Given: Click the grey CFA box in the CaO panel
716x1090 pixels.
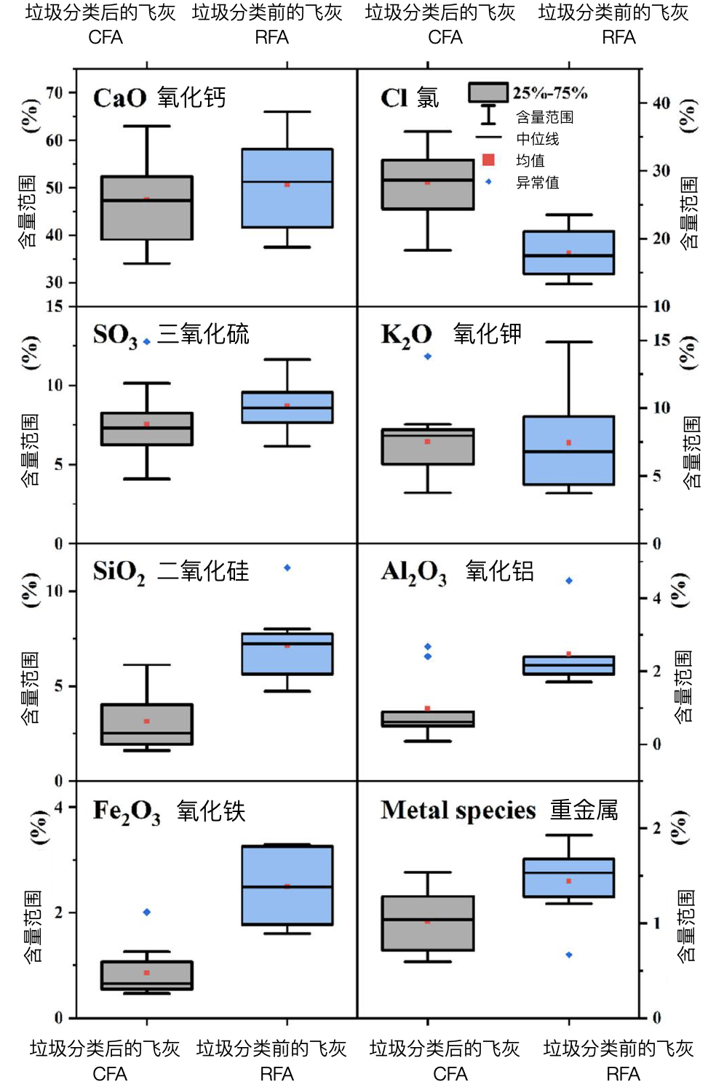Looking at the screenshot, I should [x=146, y=207].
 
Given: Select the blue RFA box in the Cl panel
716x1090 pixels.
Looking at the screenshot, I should [x=568, y=252].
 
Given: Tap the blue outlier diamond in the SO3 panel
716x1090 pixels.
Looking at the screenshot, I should [x=147, y=341].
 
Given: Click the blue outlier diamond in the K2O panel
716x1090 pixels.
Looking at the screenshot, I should [x=428, y=357].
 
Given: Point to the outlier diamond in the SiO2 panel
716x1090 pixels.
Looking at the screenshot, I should [x=287, y=568].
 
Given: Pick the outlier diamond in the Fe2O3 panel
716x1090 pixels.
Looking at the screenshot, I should [x=147, y=912].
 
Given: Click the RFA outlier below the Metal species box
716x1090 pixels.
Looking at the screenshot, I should [x=569, y=955].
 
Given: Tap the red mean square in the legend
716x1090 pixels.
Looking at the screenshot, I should [x=488, y=160].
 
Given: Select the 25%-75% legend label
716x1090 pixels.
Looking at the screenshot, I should [x=549, y=93].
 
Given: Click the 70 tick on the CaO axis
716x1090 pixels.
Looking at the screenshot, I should [x=55, y=92].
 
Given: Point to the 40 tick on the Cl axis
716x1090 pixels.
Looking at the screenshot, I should [x=661, y=103].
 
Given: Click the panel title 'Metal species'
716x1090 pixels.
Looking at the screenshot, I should [x=458, y=811].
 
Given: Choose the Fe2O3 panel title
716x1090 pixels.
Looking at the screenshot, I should [x=127, y=811].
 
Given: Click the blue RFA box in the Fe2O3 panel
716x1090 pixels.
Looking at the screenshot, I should [x=287, y=885].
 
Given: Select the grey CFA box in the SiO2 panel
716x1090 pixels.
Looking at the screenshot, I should [x=146, y=724].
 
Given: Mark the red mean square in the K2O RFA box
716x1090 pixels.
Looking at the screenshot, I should [x=569, y=442].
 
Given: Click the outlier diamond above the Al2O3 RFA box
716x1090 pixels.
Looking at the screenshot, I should [x=569, y=581].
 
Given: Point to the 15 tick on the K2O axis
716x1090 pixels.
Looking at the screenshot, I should [x=661, y=340].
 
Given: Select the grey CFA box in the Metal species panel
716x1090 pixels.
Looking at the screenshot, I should [x=428, y=923].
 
